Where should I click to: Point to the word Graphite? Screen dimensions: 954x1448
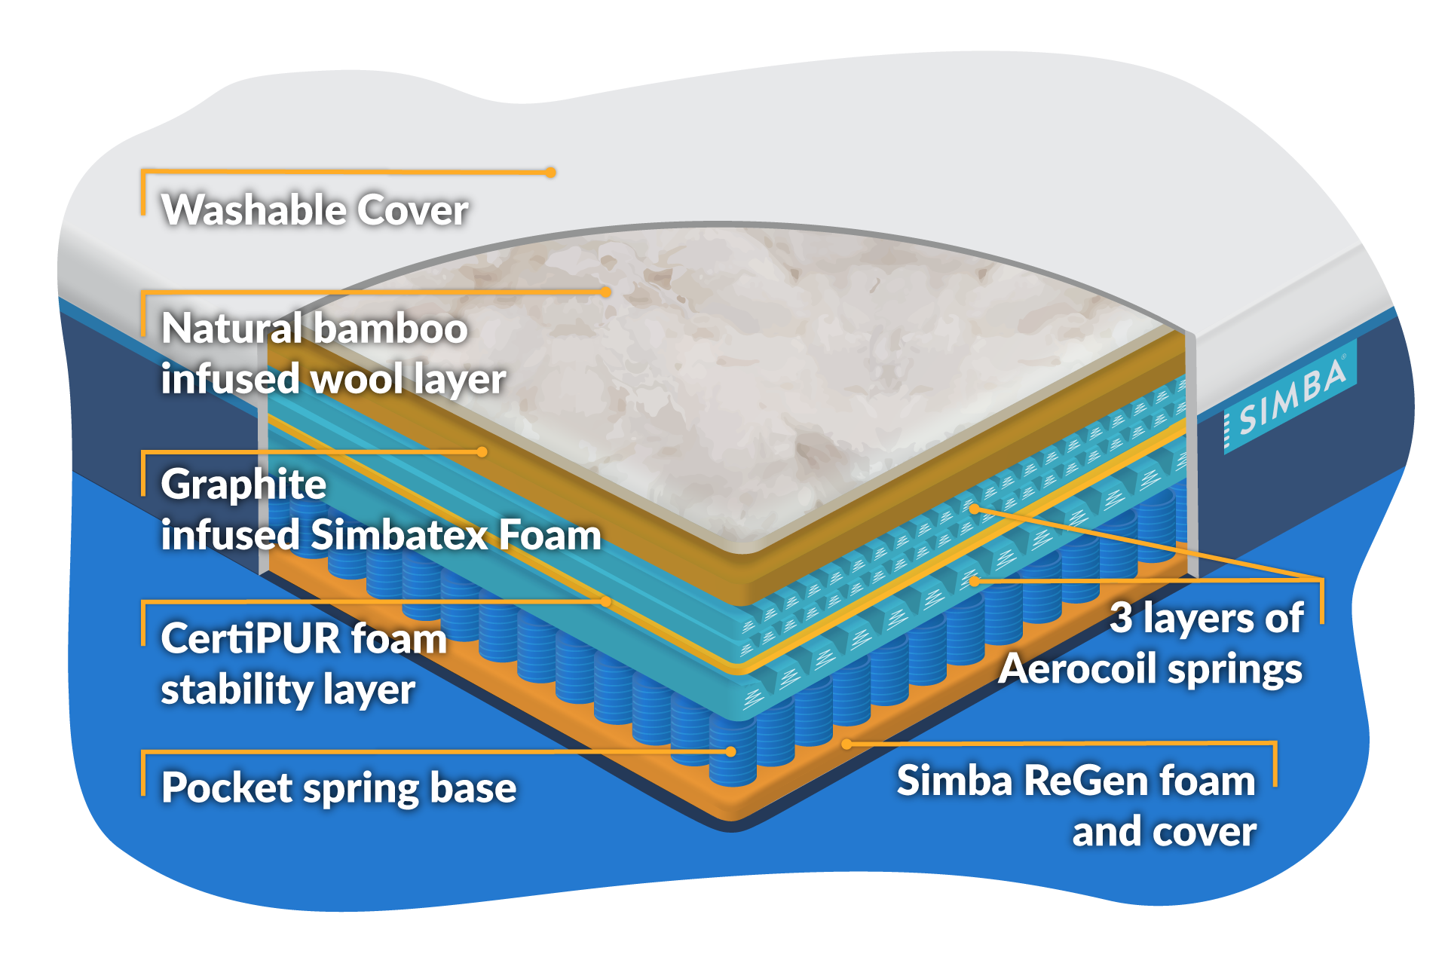[x=243, y=485]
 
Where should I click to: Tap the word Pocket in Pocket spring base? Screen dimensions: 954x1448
[x=227, y=788]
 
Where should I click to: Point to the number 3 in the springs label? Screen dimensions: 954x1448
[x=1121, y=618]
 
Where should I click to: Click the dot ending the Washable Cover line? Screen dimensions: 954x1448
[x=551, y=173]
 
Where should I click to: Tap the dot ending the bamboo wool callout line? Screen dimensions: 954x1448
[x=605, y=292]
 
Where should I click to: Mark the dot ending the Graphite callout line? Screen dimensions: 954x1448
[x=482, y=452]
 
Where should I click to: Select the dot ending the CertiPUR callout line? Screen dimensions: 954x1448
[x=606, y=601]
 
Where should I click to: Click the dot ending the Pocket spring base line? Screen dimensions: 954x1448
[x=730, y=751]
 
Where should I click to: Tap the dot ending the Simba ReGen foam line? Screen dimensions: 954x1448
[x=846, y=744]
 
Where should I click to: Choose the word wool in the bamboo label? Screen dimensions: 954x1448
[x=357, y=379]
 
